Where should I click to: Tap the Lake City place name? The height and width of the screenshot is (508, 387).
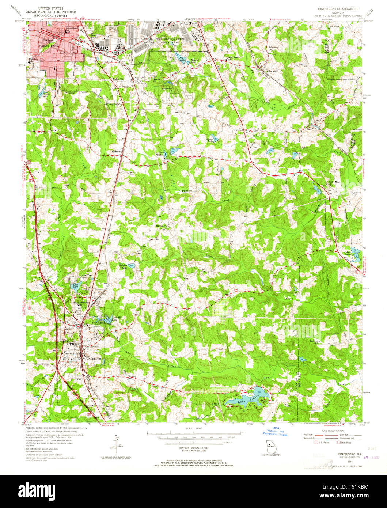coord(118,79)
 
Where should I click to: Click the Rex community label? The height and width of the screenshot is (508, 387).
coord(309,129)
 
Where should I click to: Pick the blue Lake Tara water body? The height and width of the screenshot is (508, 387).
coord(76,286)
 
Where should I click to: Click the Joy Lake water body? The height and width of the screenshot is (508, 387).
coord(182,58)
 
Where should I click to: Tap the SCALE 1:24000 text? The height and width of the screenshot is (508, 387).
coord(194,428)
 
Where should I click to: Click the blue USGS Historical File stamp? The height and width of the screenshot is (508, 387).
coord(274,432)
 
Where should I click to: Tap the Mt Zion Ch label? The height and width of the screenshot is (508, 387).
coord(162,226)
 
